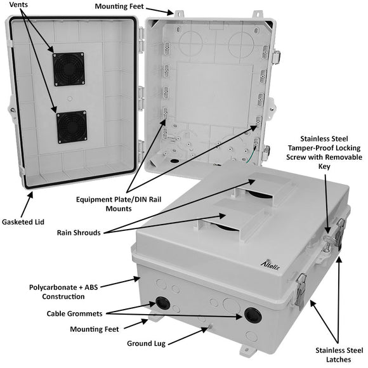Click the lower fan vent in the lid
71,126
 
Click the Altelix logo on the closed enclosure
269,262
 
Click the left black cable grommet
162,303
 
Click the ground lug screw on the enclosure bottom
206,328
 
